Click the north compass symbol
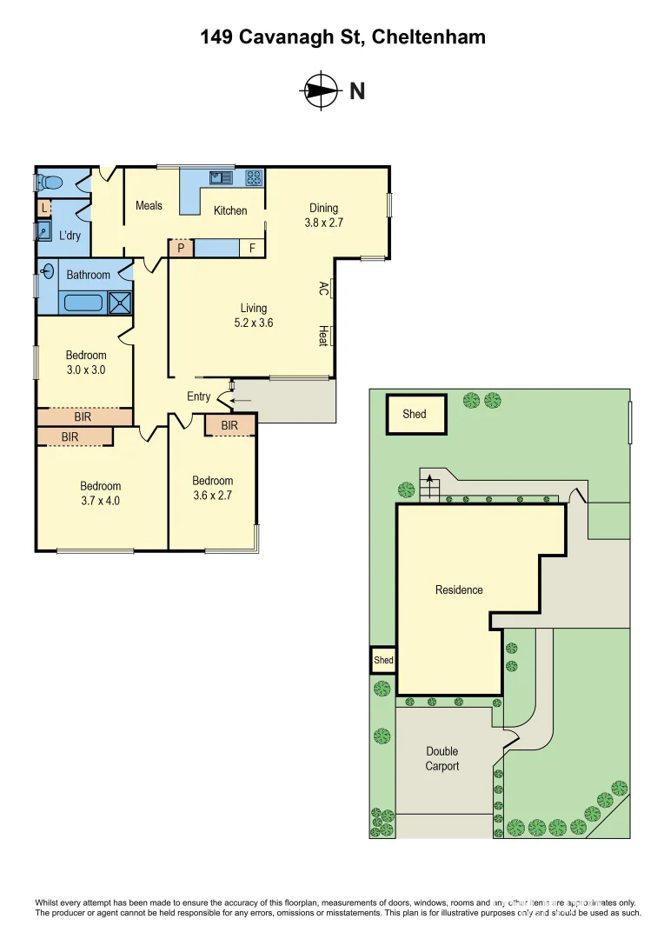[320, 90]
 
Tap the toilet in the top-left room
[50, 183]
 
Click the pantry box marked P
[180, 248]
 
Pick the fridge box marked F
[253, 248]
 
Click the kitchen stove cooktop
[254, 177]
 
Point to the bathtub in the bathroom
[82, 303]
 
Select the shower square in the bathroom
[120, 303]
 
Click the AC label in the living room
[323, 288]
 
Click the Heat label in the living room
[323, 336]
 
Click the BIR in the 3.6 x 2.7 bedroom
[229, 425]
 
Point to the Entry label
[198, 396]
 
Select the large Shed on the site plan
[415, 414]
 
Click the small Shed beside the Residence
[383, 660]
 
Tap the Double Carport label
[442, 758]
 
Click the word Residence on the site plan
[459, 589]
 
